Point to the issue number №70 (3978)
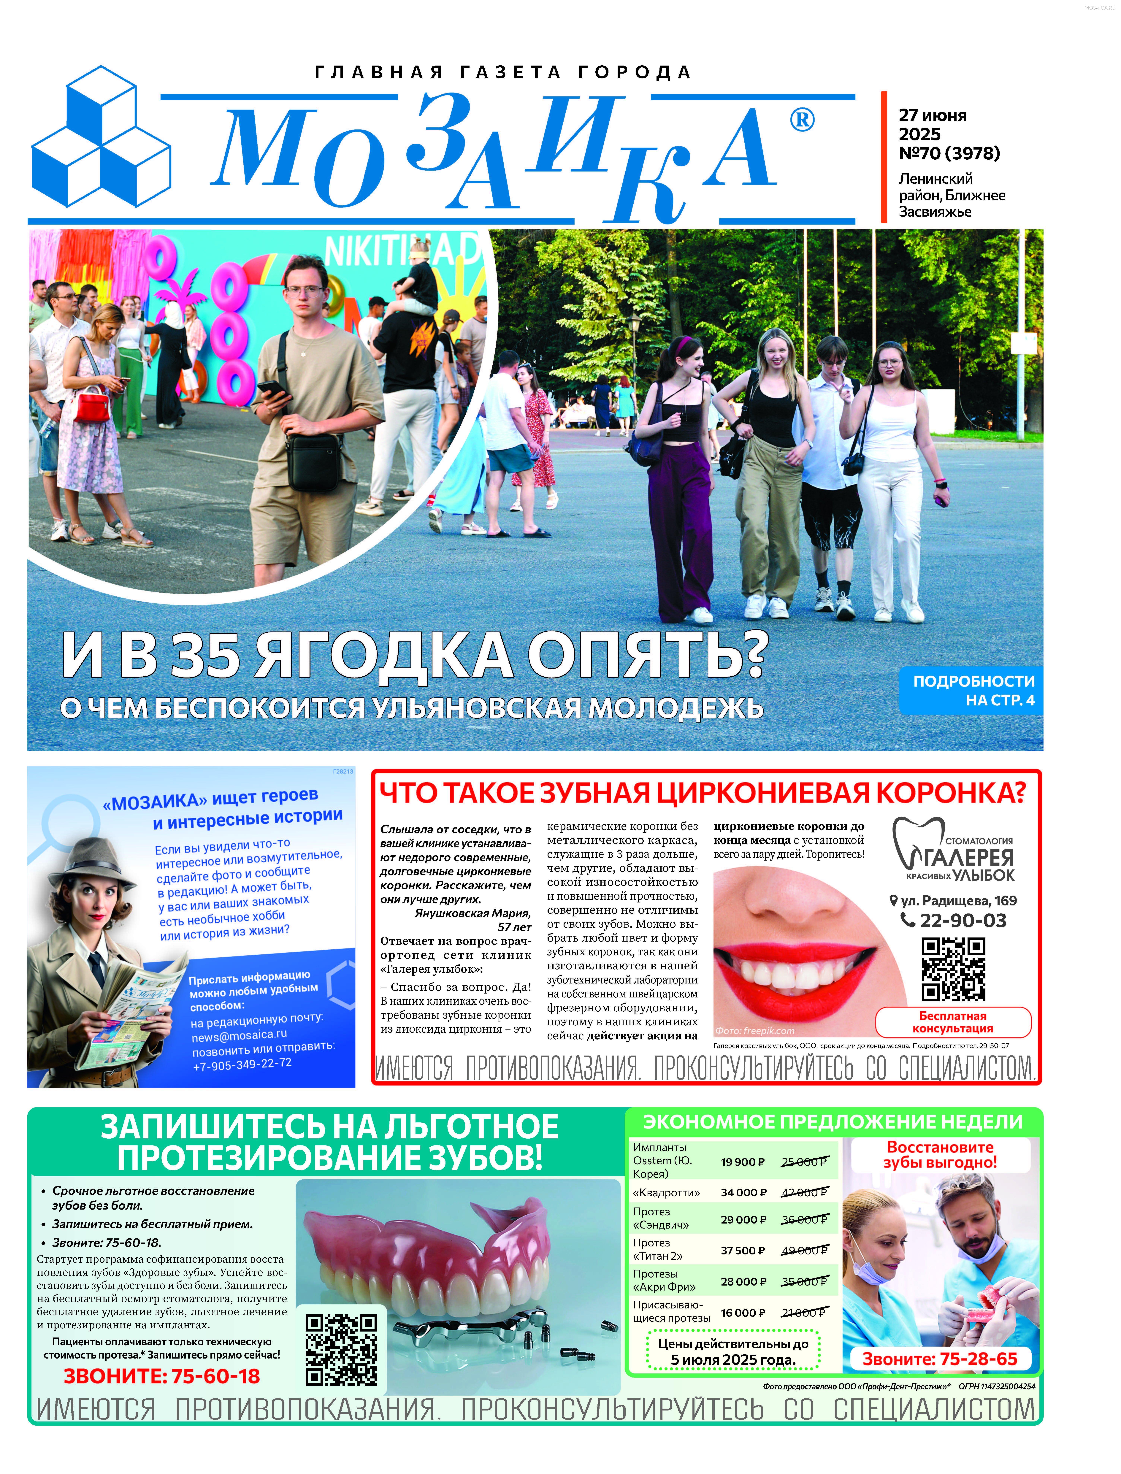949,153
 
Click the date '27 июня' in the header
932,115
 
